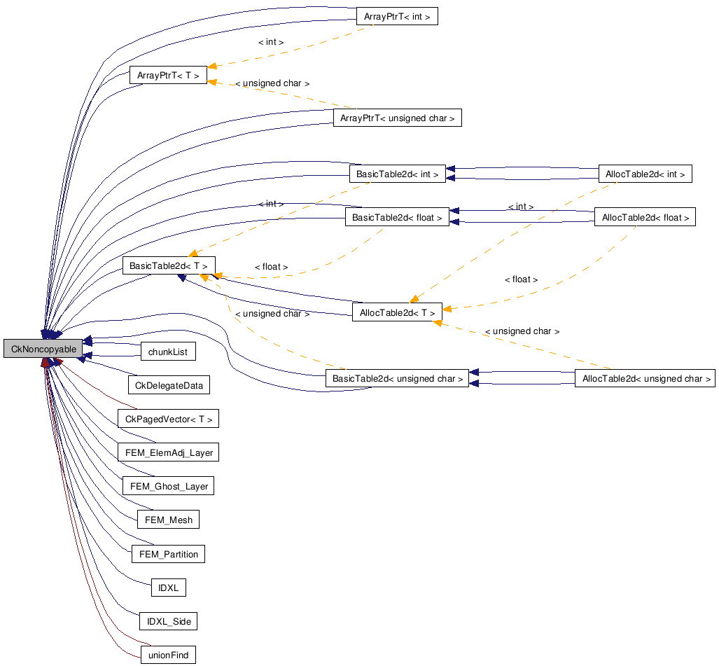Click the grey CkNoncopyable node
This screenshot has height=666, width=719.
tap(43, 349)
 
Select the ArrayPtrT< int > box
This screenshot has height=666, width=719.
tap(397, 16)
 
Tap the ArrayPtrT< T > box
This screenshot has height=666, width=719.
tap(168, 75)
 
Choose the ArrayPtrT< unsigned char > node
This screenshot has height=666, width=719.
tap(397, 118)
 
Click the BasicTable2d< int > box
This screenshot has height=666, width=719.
tap(397, 173)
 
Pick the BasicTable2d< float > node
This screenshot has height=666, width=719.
tap(397, 218)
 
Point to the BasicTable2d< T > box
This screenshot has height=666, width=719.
tap(168, 266)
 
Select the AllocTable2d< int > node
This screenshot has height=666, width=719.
tap(645, 174)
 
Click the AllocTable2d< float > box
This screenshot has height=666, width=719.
tap(645, 217)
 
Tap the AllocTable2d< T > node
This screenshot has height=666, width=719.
tap(397, 312)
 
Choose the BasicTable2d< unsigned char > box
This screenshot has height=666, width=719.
tap(397, 379)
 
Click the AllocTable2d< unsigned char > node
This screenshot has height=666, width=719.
tap(644, 379)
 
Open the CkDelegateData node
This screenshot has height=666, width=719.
tap(169, 384)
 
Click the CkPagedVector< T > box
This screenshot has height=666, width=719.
tap(168, 419)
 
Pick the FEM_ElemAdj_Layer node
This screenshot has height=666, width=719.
tap(168, 452)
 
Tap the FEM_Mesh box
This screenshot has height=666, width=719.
tap(168, 520)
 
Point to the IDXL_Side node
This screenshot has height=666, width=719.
tap(168, 621)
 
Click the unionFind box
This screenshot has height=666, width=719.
tap(168, 655)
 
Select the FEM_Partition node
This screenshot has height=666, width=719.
tap(168, 554)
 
